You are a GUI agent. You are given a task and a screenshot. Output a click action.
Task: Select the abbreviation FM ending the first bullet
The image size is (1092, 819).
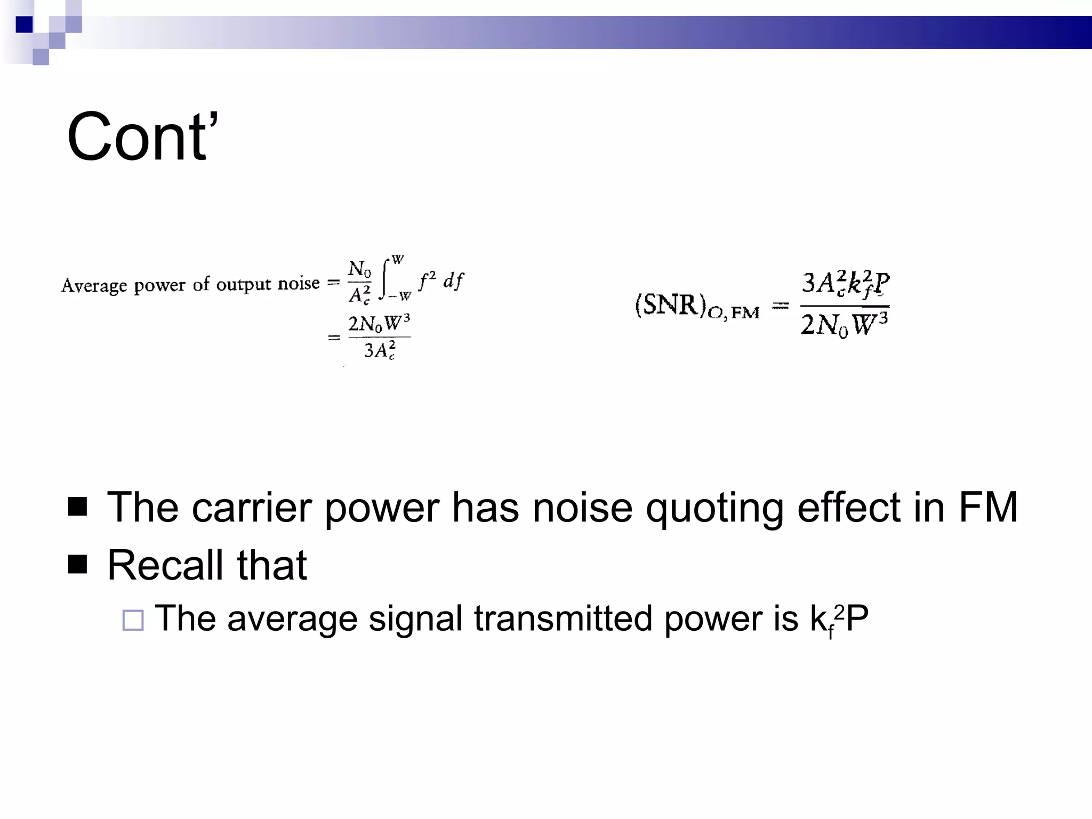[988, 507]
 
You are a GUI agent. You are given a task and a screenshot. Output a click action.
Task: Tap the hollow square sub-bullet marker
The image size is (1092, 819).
[133, 620]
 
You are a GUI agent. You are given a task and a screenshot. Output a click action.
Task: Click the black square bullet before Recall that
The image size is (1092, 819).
[78, 564]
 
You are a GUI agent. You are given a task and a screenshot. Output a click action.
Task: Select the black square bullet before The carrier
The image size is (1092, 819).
[78, 507]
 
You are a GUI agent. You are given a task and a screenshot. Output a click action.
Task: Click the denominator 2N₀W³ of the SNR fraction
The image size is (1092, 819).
[844, 324]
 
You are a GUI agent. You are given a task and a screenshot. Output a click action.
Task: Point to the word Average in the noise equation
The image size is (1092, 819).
[94, 286]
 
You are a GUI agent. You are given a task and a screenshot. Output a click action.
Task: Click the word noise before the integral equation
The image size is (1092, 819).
[299, 283]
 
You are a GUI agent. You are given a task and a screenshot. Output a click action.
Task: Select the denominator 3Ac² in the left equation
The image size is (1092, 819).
[380, 351]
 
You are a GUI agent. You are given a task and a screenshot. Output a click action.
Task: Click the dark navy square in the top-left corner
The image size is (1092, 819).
[25, 25]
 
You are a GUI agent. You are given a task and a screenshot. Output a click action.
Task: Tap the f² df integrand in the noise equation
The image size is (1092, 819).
[441, 280]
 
